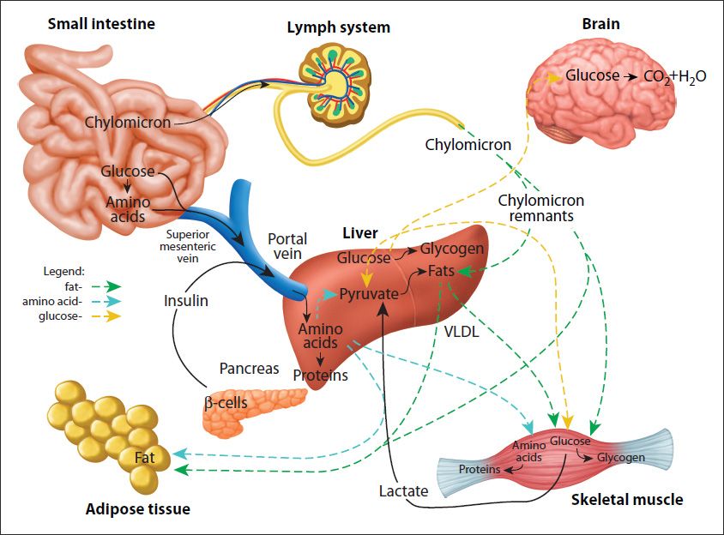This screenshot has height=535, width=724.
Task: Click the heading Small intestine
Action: (x=102, y=23)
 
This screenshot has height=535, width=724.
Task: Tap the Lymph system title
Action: (x=338, y=27)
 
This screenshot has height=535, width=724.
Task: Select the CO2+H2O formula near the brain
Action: (x=674, y=76)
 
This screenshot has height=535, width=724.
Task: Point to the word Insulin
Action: (x=186, y=301)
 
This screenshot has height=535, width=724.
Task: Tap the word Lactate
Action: (x=403, y=491)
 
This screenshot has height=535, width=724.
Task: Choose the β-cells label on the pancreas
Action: (x=226, y=400)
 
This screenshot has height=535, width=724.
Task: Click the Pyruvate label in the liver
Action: (x=369, y=294)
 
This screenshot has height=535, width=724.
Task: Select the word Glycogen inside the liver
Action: (x=452, y=249)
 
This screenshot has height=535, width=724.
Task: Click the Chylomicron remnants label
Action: (x=540, y=208)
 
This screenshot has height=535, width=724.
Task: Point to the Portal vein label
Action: (x=287, y=246)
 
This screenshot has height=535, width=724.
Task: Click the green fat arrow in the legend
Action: (x=104, y=286)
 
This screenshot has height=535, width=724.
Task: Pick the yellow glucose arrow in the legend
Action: (x=104, y=316)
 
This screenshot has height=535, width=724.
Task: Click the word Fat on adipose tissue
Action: (x=144, y=458)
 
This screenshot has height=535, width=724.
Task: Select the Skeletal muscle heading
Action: (x=627, y=499)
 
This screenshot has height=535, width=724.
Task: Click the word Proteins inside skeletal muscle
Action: (x=480, y=470)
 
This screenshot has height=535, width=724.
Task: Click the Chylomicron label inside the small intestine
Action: (x=127, y=122)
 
